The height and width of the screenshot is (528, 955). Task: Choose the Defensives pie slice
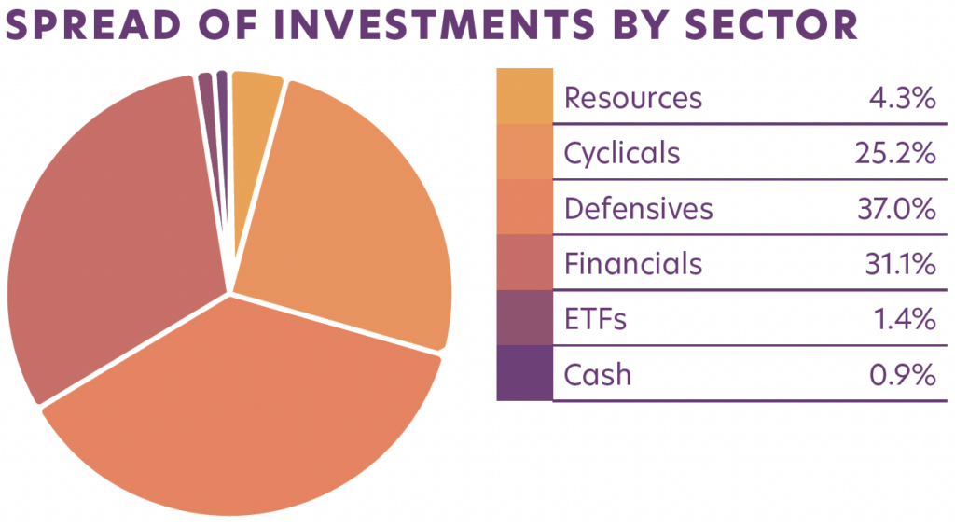pyautogui.click(x=252, y=410)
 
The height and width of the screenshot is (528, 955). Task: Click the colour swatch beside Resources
pyautogui.click(x=524, y=96)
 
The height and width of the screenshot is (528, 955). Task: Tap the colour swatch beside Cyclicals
pyautogui.click(x=524, y=151)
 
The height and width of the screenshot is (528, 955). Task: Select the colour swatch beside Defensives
pyautogui.click(x=524, y=207)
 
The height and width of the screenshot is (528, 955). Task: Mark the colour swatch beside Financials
pyautogui.click(x=524, y=262)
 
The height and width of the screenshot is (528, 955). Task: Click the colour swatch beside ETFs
pyautogui.click(x=524, y=318)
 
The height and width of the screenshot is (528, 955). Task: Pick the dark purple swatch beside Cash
pyautogui.click(x=524, y=373)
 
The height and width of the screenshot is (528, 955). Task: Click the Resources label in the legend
pyautogui.click(x=633, y=97)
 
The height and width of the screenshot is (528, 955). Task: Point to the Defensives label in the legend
pyautogui.click(x=638, y=208)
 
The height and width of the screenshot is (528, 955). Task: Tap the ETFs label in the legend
pyautogui.click(x=595, y=319)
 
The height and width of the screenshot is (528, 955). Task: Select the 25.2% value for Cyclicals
pyautogui.click(x=894, y=152)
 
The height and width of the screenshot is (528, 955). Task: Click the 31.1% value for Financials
pyautogui.click(x=897, y=264)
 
